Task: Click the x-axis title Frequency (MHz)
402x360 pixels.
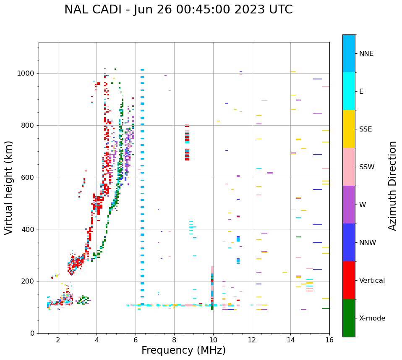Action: pyautogui.click(x=183, y=350)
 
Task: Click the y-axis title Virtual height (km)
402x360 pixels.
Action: pyautogui.click(x=9, y=187)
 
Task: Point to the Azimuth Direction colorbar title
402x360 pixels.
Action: pyautogui.click(x=392, y=185)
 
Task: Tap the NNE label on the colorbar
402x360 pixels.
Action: pyautogui.click(x=366, y=54)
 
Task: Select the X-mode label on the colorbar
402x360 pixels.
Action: pyautogui.click(x=372, y=318)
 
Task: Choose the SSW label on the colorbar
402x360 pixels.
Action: pyautogui.click(x=367, y=167)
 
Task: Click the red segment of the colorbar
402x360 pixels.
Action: pyautogui.click(x=349, y=280)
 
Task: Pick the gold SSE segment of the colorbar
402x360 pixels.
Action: pyautogui.click(x=349, y=129)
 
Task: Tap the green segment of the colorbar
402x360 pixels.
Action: pyautogui.click(x=349, y=318)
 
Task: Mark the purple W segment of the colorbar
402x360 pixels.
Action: pyautogui.click(x=349, y=205)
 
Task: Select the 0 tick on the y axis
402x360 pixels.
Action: pyautogui.click(x=32, y=333)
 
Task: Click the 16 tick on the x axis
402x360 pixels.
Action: pyautogui.click(x=329, y=339)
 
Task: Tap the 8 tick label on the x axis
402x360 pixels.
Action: pyautogui.click(x=174, y=339)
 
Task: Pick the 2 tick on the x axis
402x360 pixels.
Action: pyautogui.click(x=58, y=339)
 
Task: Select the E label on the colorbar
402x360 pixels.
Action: pyautogui.click(x=361, y=92)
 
